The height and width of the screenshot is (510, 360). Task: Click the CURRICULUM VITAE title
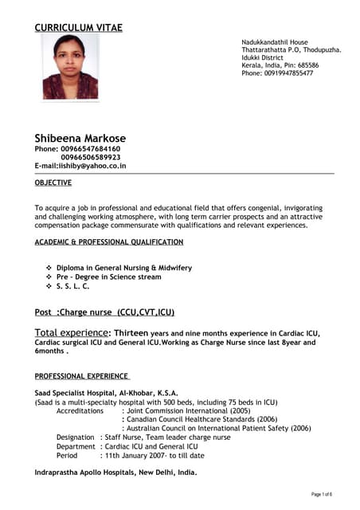coord(78,28)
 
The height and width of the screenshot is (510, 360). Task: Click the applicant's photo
coord(70,67)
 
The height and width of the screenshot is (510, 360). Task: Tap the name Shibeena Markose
coord(80,138)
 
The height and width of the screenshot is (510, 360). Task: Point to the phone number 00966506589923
coord(90,158)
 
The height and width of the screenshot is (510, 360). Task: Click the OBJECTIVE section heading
coord(53,182)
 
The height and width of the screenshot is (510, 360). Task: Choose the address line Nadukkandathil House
coord(275,41)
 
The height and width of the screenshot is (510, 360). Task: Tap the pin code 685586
coord(307,65)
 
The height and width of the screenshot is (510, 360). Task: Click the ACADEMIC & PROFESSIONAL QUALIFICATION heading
coord(109,241)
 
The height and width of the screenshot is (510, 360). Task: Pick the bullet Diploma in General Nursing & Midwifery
coord(123,268)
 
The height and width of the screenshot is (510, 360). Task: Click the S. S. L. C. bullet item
coord(72,285)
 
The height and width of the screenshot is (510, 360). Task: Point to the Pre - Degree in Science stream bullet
coord(108,277)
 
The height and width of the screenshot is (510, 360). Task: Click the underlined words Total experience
coord(71,331)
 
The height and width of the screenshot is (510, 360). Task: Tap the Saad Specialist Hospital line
coord(106,393)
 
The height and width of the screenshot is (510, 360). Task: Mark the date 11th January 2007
coord(134,456)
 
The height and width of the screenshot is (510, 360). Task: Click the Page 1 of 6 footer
coord(322,495)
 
